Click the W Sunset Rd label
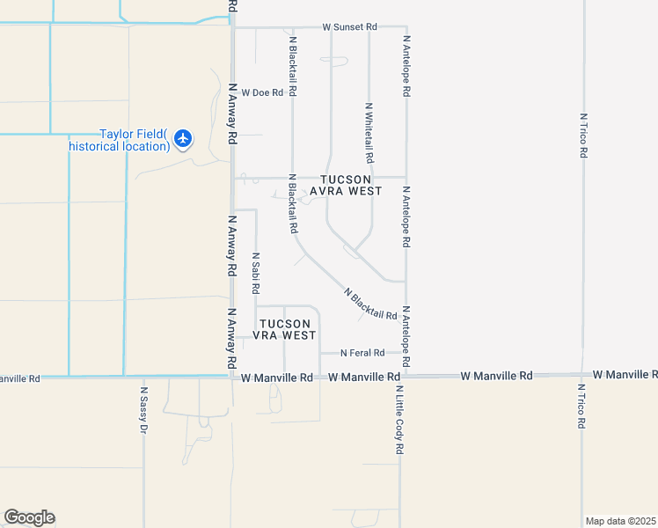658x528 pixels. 349,27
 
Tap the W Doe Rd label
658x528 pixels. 262,92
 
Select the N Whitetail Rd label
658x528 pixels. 369,132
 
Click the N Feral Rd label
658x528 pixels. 362,353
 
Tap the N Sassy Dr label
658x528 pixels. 143,410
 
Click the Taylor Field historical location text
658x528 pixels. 133,140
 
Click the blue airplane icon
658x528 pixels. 183,138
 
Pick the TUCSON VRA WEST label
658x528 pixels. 284,330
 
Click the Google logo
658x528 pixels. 29,517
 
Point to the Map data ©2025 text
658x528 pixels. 621,521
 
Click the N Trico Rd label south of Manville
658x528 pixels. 581,407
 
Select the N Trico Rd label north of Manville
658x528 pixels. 583,135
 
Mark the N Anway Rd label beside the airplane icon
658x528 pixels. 233,114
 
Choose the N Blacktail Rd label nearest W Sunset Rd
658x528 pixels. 292,66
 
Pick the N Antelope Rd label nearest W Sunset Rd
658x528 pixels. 406,65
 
